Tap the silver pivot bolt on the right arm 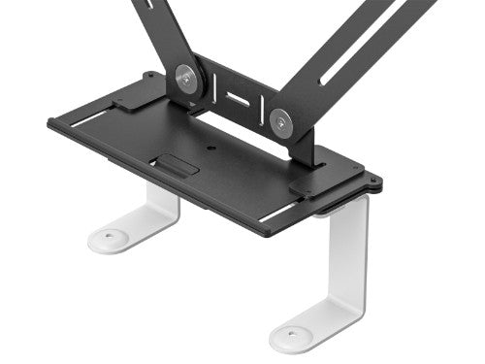point(282,121)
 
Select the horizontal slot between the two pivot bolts point(236,98)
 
